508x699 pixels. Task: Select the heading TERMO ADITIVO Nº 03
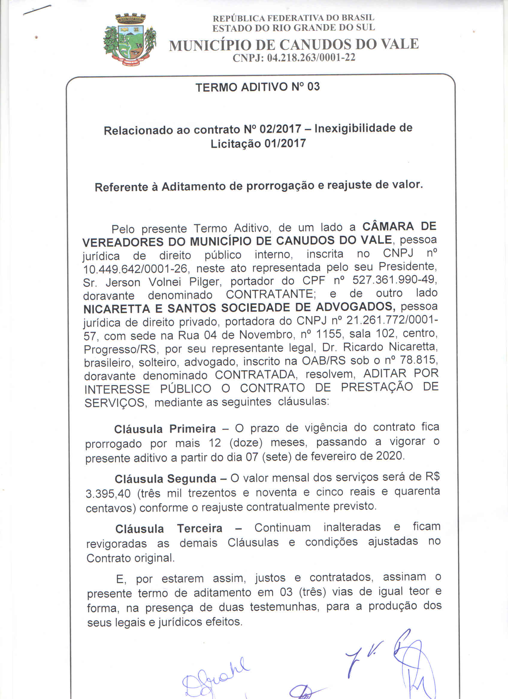tap(258, 87)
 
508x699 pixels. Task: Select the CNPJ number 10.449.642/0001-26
tap(135, 269)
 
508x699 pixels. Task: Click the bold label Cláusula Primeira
tap(165, 429)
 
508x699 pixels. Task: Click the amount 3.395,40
tap(108, 493)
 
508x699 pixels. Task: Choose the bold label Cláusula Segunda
tap(165, 479)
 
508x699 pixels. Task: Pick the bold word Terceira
tap(199, 528)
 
